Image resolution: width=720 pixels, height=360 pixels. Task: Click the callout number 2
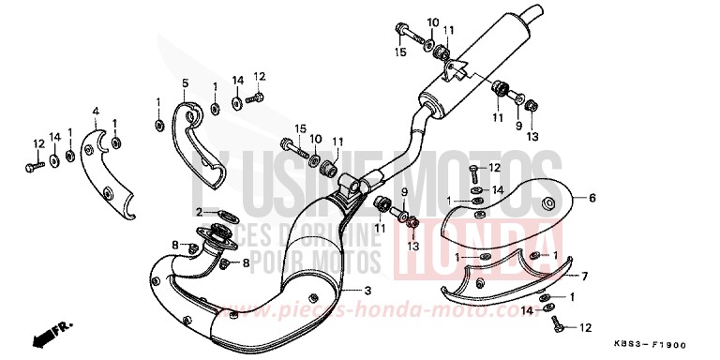click(198, 212)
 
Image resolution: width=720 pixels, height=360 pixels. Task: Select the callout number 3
click(367, 292)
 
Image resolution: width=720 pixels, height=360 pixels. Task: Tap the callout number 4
click(95, 112)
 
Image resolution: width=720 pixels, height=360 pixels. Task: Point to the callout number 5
click(186, 83)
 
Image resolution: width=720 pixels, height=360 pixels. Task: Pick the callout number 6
click(592, 198)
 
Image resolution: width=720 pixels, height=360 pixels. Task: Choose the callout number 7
click(583, 276)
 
